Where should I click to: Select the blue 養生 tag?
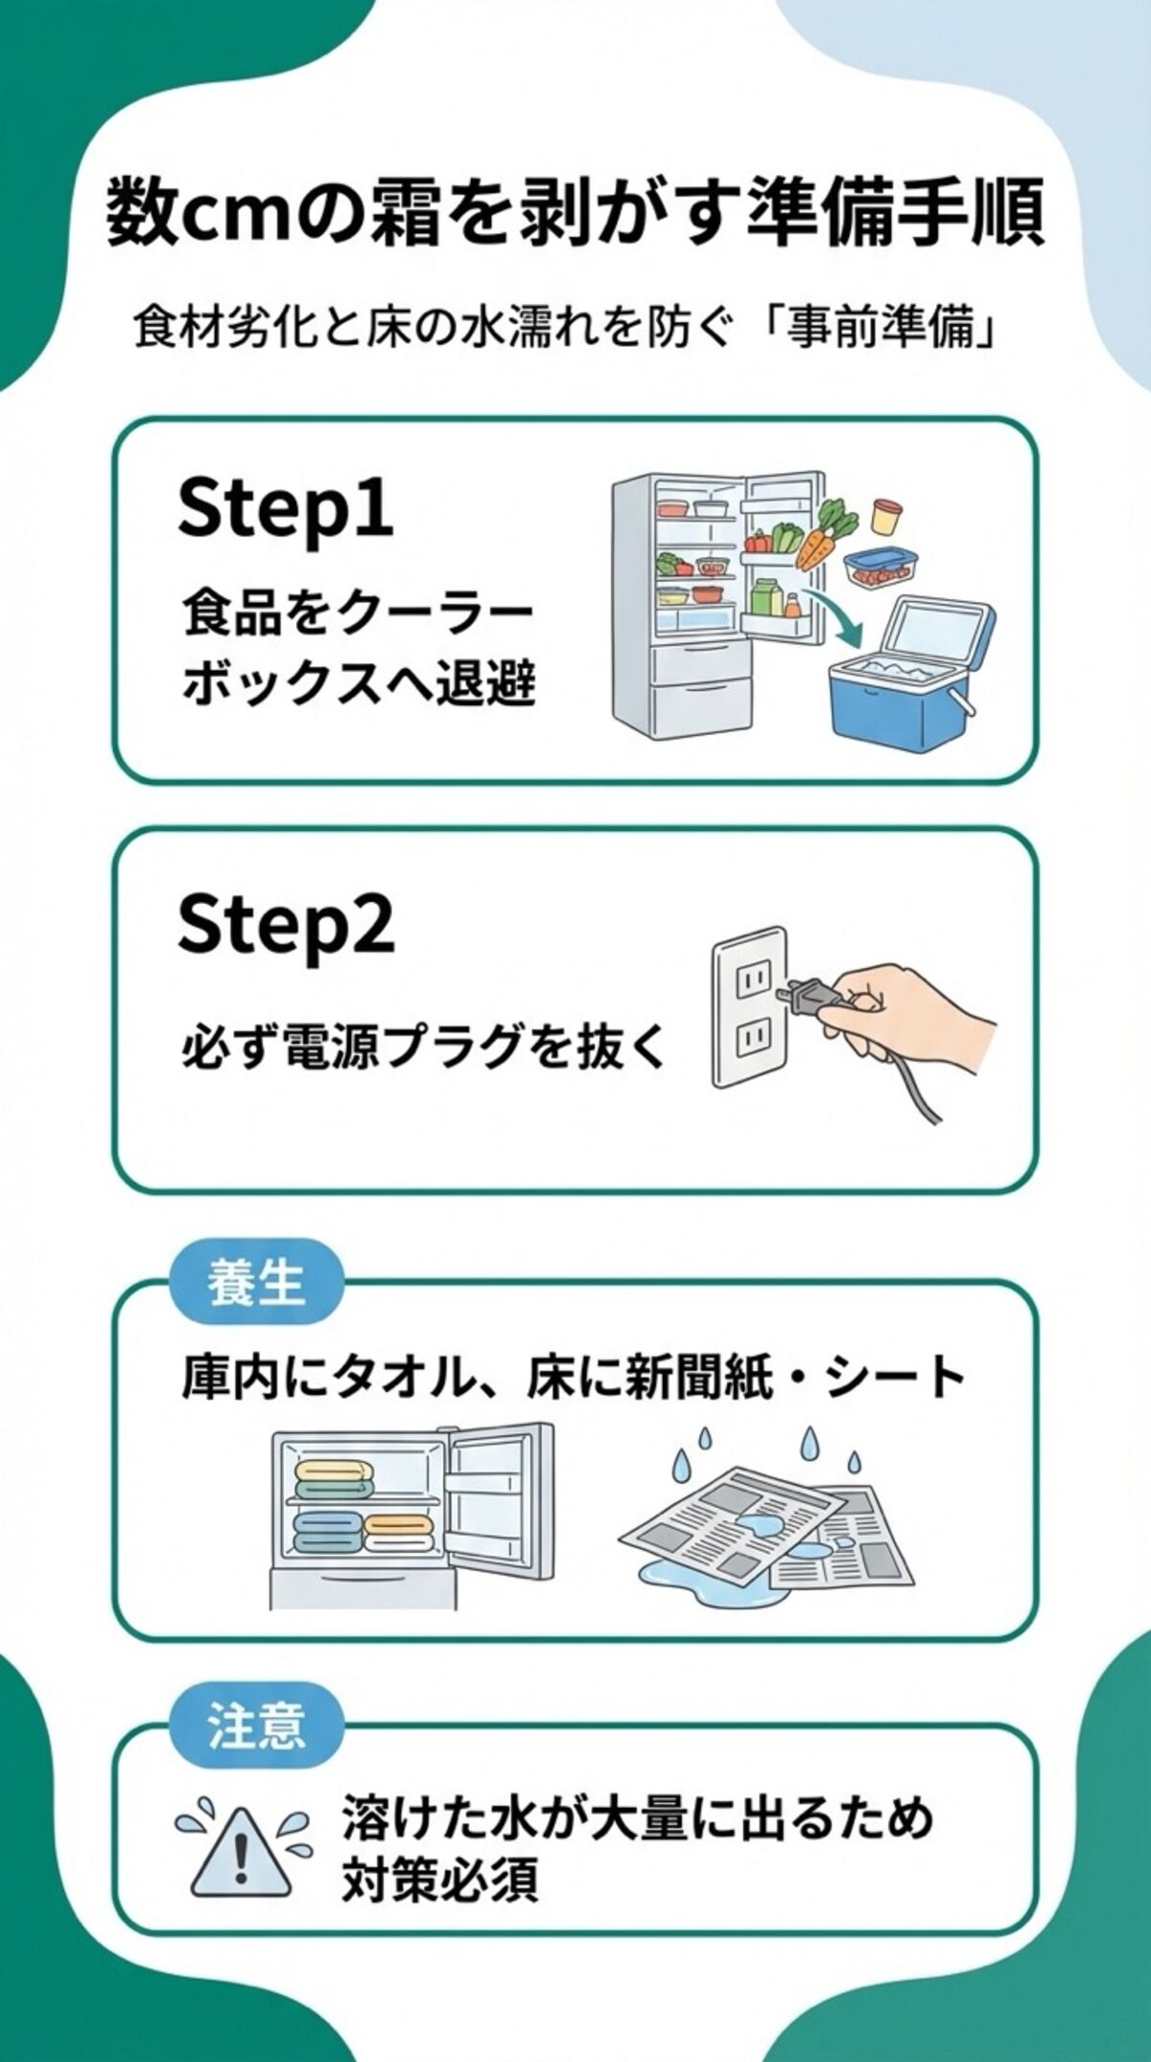[x=255, y=1283]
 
